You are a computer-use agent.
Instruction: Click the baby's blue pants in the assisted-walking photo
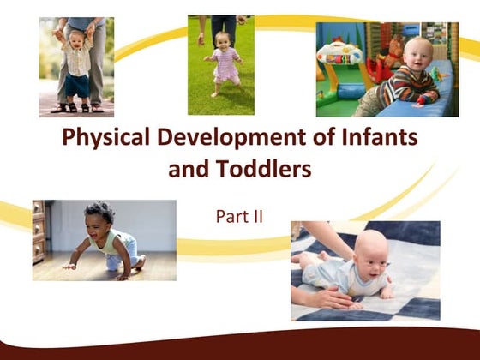click(78, 87)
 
